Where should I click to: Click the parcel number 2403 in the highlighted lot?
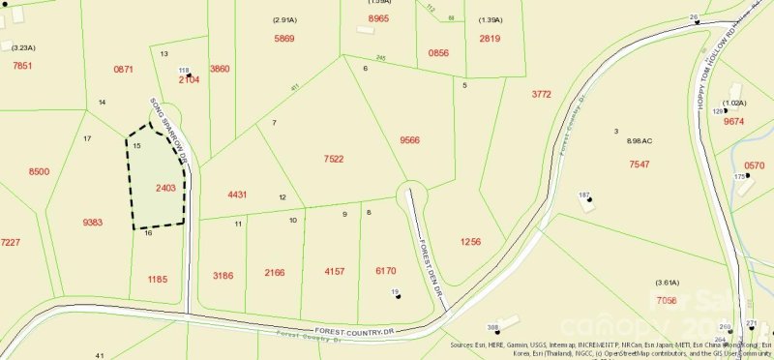coord(164,188)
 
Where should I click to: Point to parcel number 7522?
coord(334,159)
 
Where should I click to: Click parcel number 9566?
coord(409,139)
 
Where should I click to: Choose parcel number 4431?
coord(238,195)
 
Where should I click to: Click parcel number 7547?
coord(640,165)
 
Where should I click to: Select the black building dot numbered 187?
coord(587,200)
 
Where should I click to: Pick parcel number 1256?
coord(470,241)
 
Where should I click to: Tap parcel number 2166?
coord(275,273)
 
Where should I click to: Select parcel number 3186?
coord(223,275)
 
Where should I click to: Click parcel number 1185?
coord(158,279)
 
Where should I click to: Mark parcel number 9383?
coord(93,223)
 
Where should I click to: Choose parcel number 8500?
coord(39,171)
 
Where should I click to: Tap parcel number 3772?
coord(542,94)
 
